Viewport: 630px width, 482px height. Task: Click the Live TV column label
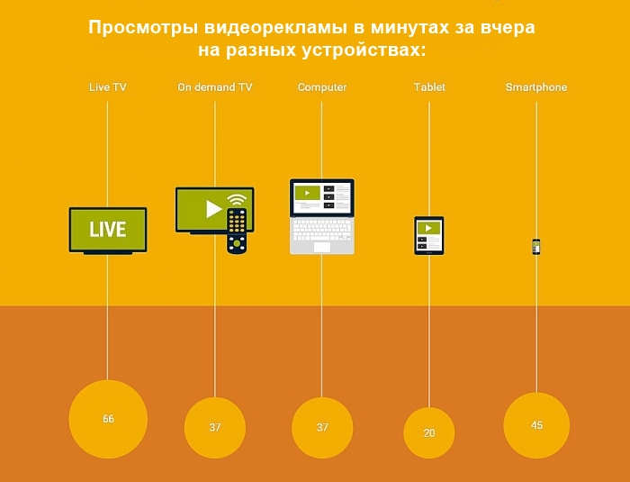click(x=107, y=87)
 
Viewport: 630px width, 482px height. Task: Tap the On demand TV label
click(x=214, y=87)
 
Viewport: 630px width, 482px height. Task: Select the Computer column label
click(x=322, y=87)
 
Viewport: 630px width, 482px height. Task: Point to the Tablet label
click(x=429, y=87)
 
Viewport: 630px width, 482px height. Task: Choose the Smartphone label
click(x=536, y=87)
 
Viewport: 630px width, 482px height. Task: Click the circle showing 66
click(x=108, y=419)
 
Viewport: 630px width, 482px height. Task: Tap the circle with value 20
click(x=429, y=432)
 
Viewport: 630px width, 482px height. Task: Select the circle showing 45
click(x=536, y=425)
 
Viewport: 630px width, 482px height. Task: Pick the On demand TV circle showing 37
click(x=215, y=427)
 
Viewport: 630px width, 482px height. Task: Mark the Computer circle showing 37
click(x=322, y=427)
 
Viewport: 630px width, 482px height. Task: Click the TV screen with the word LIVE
click(x=108, y=229)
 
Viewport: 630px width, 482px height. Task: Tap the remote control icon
click(x=237, y=231)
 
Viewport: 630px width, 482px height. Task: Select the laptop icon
click(x=322, y=216)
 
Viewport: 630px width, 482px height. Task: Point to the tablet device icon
click(x=429, y=235)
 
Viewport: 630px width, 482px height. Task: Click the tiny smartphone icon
click(x=536, y=247)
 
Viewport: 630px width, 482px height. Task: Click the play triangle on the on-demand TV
click(x=213, y=209)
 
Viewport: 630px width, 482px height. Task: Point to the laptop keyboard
click(x=322, y=228)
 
